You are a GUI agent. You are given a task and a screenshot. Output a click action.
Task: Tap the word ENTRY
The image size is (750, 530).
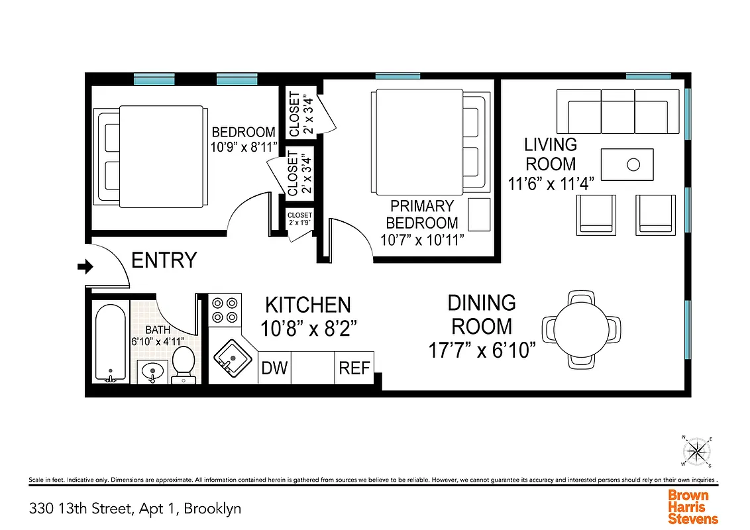pyautogui.click(x=164, y=260)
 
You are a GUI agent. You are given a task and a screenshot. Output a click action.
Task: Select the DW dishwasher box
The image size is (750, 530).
pyautogui.click(x=274, y=368)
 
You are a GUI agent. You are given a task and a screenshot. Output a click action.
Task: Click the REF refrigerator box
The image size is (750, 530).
pyautogui.click(x=354, y=368)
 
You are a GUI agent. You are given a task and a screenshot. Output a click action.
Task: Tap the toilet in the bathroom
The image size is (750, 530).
pyautogui.click(x=182, y=364)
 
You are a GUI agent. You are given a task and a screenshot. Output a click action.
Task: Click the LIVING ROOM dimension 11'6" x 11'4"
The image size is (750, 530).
pyautogui.click(x=550, y=184)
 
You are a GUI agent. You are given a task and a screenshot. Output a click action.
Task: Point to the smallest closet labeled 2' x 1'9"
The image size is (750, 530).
pyautogui.click(x=299, y=219)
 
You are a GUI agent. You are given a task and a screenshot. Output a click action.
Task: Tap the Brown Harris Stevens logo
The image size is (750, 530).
pyautogui.click(x=692, y=507)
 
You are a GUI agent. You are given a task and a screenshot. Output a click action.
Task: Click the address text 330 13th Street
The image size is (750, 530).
pyautogui.click(x=134, y=509)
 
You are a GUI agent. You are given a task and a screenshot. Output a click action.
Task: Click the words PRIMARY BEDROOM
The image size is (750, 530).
pyautogui.click(x=422, y=214)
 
